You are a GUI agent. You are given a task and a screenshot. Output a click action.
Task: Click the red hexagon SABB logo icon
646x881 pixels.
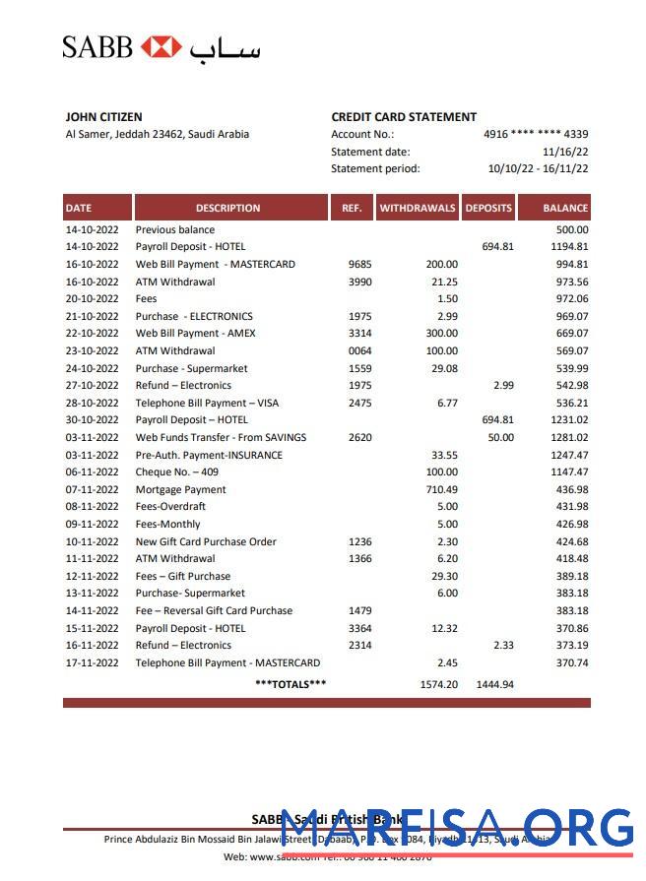click(x=161, y=46)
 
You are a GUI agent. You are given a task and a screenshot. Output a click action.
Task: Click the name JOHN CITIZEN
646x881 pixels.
click(x=103, y=117)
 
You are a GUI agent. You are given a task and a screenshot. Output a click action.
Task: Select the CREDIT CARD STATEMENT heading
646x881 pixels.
click(x=404, y=117)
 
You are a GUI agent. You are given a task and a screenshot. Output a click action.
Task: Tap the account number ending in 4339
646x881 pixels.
click(x=536, y=134)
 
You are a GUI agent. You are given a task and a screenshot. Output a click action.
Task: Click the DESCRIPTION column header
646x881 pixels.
click(x=227, y=208)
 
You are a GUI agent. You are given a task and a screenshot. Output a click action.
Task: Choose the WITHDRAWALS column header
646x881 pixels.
click(x=418, y=208)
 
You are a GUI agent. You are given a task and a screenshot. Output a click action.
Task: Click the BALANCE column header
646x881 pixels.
click(x=565, y=208)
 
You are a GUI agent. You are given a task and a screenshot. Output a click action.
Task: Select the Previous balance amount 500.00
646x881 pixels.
click(x=571, y=229)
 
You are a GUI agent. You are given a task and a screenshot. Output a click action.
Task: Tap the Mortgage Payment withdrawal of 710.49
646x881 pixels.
click(x=440, y=489)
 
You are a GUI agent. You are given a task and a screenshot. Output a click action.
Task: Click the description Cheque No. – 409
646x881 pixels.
click(x=177, y=472)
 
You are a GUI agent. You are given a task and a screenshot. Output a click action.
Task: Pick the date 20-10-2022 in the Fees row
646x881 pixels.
click(x=92, y=298)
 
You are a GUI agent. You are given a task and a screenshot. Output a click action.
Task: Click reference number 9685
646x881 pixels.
click(x=359, y=264)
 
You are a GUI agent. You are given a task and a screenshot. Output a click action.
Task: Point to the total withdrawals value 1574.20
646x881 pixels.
click(x=438, y=684)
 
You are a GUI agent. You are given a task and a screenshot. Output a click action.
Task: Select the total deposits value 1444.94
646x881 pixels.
click(x=494, y=684)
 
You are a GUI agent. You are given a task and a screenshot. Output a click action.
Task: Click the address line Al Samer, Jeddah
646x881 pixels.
click(x=157, y=135)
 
